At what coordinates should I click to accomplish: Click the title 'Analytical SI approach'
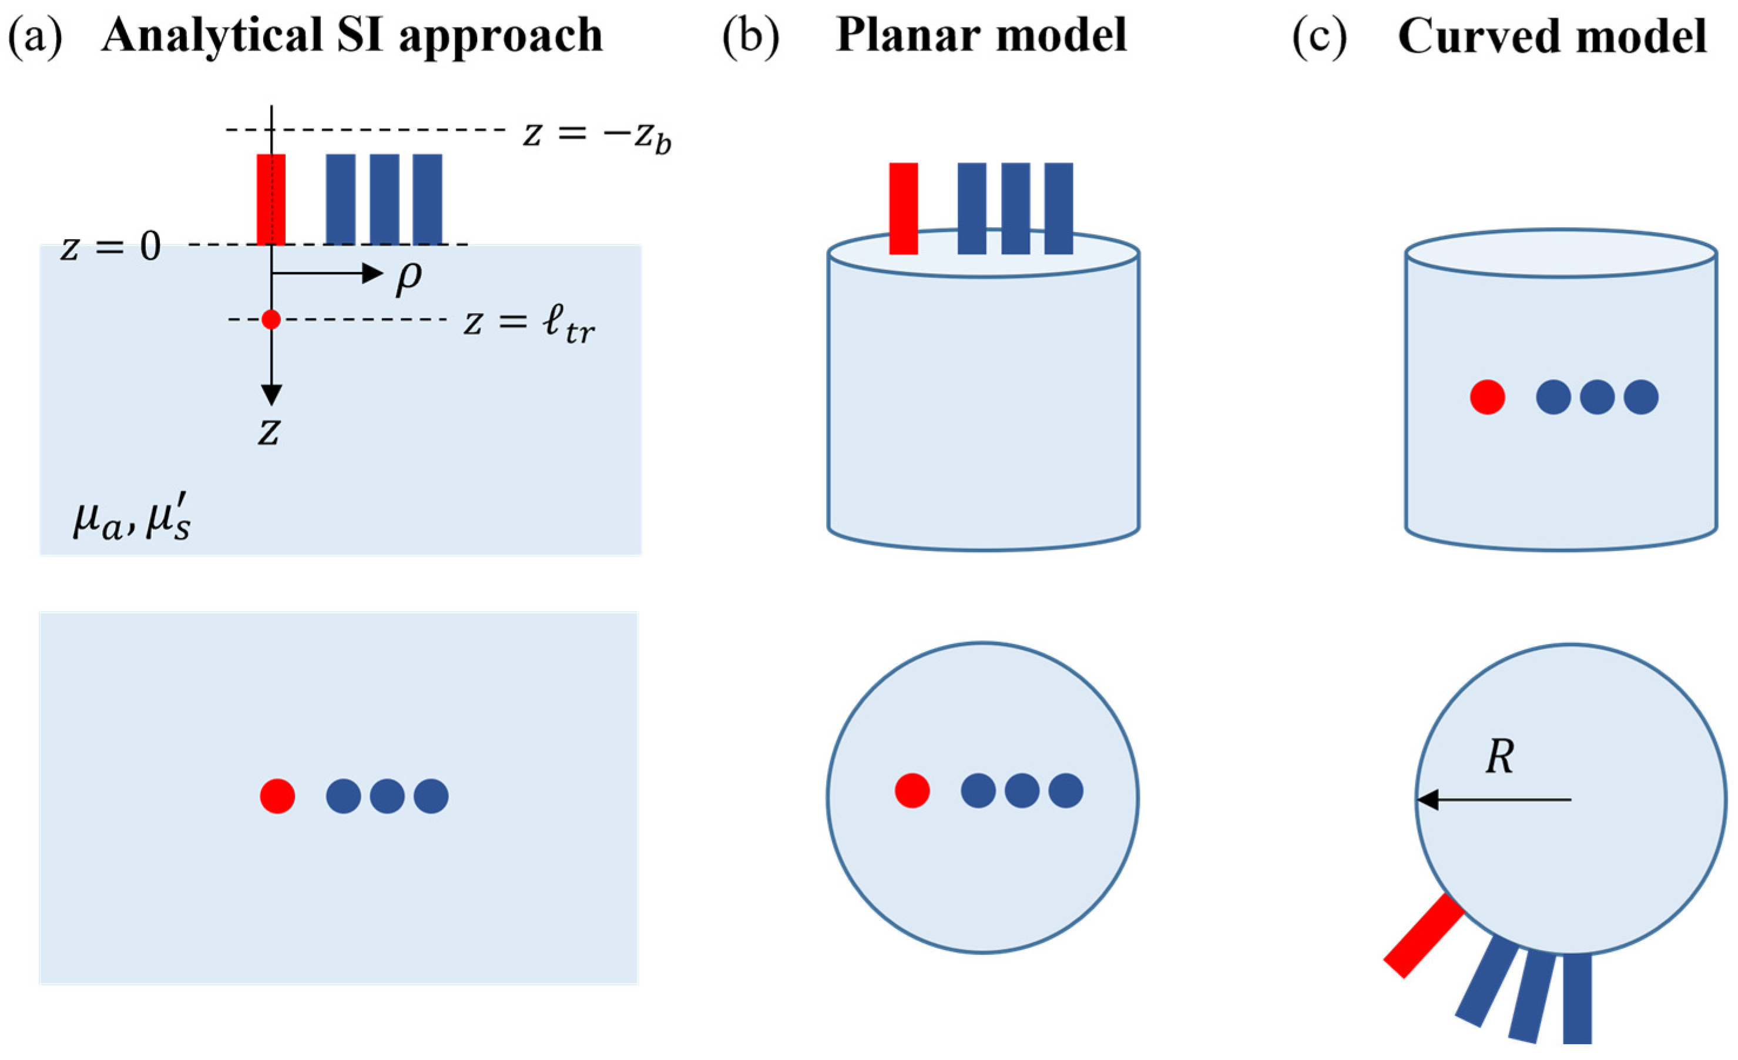[352, 35]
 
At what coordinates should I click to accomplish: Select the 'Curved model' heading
[1552, 35]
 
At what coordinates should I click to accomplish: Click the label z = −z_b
[597, 133]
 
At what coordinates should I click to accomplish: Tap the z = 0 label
[110, 247]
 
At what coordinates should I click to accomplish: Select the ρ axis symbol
[408, 278]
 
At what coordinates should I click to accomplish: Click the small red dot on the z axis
[271, 320]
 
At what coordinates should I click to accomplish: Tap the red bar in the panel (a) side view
[271, 200]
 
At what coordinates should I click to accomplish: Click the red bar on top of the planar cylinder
[904, 208]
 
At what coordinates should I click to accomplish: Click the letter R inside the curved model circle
[1499, 757]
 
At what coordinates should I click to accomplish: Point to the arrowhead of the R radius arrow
[1418, 800]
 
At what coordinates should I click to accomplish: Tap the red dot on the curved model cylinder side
[1488, 397]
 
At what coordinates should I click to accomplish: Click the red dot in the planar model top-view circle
[912, 790]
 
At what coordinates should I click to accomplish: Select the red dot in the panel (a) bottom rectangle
[277, 796]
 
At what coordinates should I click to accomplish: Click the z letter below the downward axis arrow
[269, 432]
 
